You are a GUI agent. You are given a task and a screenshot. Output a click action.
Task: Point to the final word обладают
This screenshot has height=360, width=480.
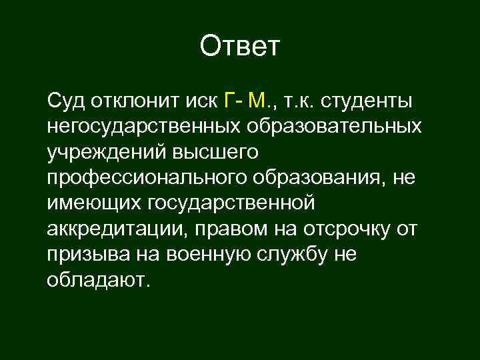tap(95, 279)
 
